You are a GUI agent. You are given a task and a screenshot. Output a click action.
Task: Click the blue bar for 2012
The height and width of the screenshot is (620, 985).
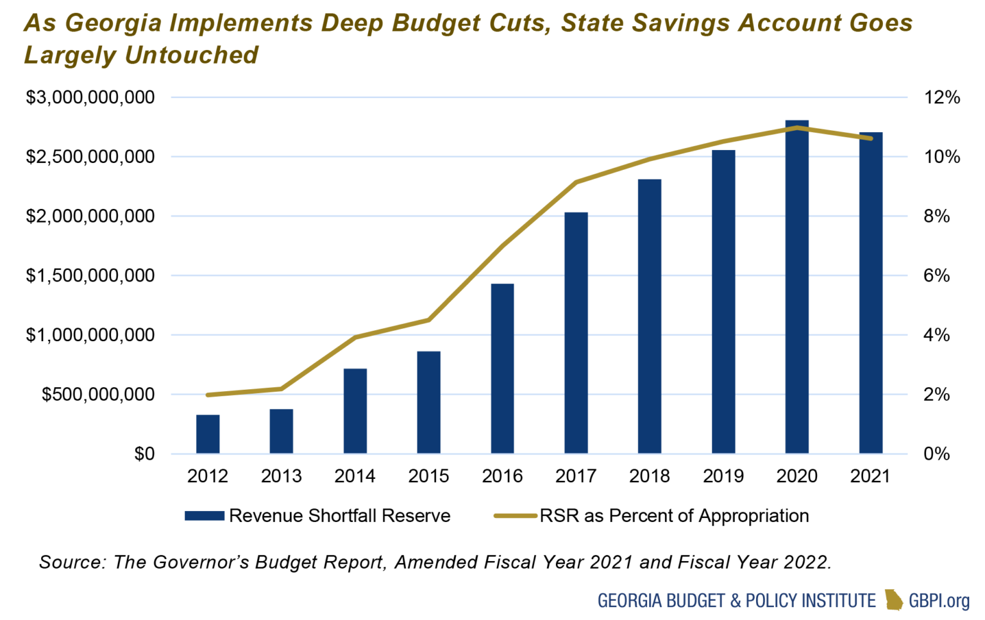[x=208, y=434]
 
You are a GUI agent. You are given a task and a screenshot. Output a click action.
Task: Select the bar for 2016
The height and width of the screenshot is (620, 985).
[x=502, y=369]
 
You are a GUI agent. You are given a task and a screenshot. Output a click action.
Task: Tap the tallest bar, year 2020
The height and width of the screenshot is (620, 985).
[x=796, y=289]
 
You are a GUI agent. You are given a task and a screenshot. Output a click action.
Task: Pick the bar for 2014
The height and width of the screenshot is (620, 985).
[x=355, y=411]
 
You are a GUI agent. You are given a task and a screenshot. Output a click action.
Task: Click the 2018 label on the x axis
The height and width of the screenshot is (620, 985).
[x=649, y=476]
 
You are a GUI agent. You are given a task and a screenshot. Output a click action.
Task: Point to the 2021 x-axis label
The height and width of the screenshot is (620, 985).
[x=870, y=476]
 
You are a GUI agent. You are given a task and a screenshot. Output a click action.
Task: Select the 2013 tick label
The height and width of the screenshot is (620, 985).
[x=281, y=476]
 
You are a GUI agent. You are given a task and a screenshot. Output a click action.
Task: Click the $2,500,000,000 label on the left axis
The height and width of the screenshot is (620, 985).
[x=90, y=157]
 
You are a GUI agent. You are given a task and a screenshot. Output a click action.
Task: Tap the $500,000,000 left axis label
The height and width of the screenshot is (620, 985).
[x=98, y=394]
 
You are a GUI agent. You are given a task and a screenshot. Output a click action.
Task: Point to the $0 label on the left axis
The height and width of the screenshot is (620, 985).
[x=144, y=454]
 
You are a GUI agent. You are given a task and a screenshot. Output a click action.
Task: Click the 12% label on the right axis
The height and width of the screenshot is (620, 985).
[x=941, y=97]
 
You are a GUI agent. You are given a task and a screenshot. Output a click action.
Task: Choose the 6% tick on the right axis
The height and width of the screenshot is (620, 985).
[x=936, y=276]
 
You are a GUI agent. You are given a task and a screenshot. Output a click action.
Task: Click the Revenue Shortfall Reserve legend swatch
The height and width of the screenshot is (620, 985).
[x=204, y=516]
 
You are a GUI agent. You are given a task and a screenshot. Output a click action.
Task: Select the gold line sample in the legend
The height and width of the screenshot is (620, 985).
[x=515, y=516]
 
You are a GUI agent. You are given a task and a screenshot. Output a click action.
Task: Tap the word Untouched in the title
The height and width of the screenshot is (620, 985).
[x=192, y=56]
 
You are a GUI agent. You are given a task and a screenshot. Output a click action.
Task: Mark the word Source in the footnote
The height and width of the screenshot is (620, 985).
[x=71, y=562]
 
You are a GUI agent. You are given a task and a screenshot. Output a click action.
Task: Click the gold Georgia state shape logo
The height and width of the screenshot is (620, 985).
[x=893, y=600]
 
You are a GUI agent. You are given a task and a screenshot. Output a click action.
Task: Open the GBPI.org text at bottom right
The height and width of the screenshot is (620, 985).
[x=939, y=601]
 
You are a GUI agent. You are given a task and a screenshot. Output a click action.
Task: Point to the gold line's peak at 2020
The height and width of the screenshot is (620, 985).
[x=796, y=128]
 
